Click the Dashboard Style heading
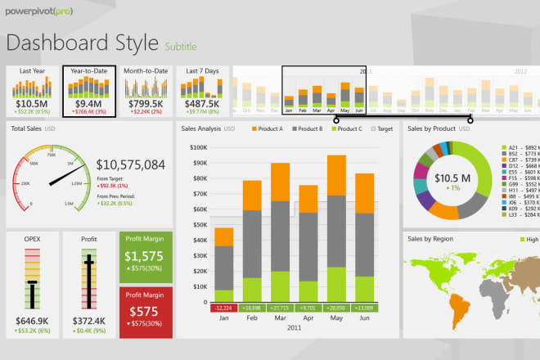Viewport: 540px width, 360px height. pos(82,43)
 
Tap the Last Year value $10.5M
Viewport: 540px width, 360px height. pos(31,104)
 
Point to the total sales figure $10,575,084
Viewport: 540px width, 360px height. pos(131,165)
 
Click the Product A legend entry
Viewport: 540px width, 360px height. pos(267,128)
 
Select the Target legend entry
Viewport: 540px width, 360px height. pos(385,128)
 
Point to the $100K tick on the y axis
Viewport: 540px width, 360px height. pos(197,147)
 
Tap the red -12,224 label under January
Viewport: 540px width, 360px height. pos(223,308)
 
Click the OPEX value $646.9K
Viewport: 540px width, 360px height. pos(31,320)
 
